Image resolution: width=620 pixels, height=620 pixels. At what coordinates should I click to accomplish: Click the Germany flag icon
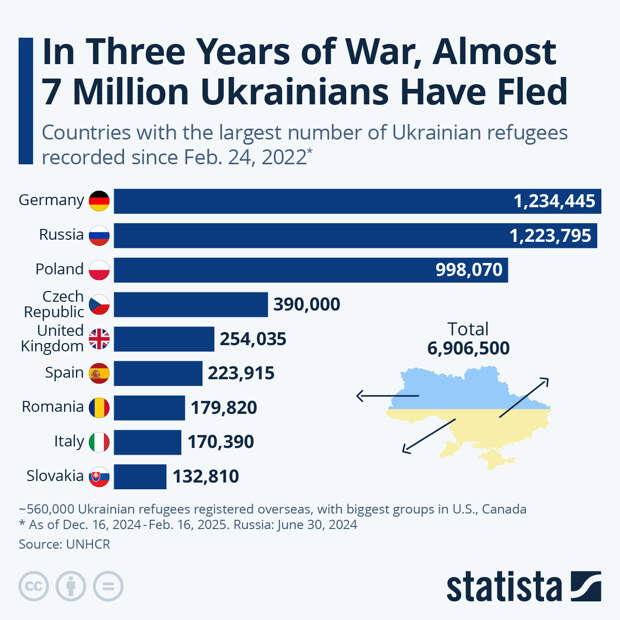pyautogui.click(x=99, y=200)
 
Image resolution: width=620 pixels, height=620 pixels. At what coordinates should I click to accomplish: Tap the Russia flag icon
pyautogui.click(x=99, y=236)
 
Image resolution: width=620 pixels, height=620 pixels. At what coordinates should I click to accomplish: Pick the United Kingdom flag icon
pyautogui.click(x=99, y=338)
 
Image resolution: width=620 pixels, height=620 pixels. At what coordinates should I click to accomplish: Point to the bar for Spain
pyautogui.click(x=158, y=373)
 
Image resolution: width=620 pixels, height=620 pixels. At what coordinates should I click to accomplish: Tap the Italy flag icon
pyautogui.click(x=99, y=441)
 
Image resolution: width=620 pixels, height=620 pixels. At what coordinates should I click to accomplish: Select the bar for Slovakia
pyautogui.click(x=140, y=476)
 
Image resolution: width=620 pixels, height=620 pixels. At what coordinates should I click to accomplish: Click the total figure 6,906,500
pyautogui.click(x=468, y=348)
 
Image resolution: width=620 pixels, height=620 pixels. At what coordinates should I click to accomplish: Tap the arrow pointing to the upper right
pyautogui.click(x=524, y=396)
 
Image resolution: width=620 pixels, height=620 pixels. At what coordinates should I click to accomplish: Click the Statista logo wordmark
pyautogui.click(x=505, y=586)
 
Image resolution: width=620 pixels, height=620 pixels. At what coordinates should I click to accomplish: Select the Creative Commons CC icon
pyautogui.click(x=34, y=586)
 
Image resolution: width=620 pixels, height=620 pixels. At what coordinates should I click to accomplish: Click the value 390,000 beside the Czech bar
pyautogui.click(x=307, y=304)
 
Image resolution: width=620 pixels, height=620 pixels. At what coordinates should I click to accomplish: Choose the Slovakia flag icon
pyautogui.click(x=99, y=476)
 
